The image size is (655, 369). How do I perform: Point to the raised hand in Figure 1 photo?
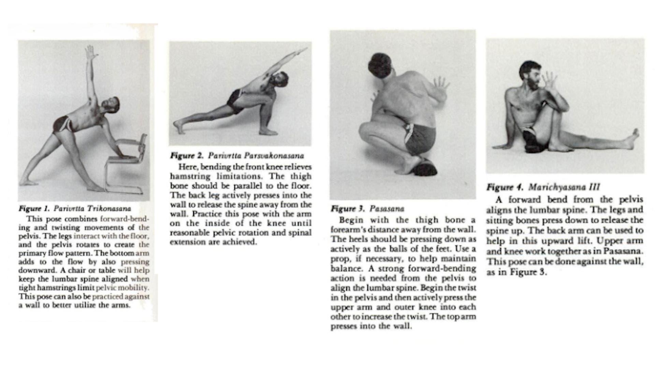pyautogui.click(x=91, y=53)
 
